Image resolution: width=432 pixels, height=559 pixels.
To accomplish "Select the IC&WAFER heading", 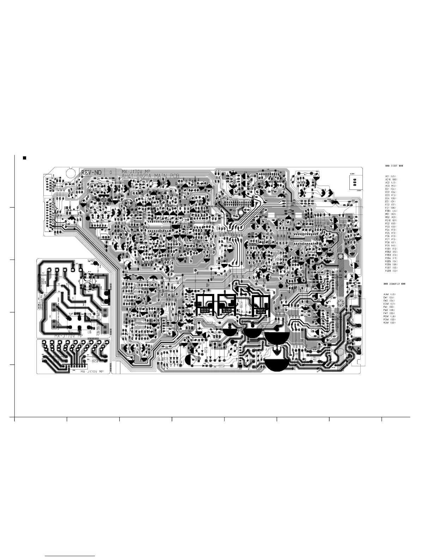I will pyautogui.click(x=394, y=284).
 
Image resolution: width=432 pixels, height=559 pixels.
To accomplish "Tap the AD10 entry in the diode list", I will pyautogui.click(x=391, y=179).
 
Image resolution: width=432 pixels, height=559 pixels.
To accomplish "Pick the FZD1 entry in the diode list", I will pyautogui.click(x=391, y=211).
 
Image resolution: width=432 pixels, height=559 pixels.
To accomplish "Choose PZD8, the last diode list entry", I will pyautogui.click(x=391, y=271).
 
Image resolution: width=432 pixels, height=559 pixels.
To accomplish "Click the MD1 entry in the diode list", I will pyautogui.click(x=391, y=214).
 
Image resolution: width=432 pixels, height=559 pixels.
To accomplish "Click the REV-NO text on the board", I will pyautogui.click(x=91, y=172).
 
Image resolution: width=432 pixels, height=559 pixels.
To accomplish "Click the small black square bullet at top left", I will pyautogui.click(x=24, y=158).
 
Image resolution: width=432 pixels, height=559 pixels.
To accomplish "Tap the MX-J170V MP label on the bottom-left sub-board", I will pyautogui.click(x=92, y=372).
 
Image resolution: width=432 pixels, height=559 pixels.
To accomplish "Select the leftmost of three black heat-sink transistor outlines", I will pyautogui.click(x=205, y=304).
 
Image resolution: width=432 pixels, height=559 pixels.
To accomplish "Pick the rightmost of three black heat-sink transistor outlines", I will pyautogui.click(x=262, y=304).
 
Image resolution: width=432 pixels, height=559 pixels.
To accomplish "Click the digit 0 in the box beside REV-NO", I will pyautogui.click(x=111, y=172).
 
